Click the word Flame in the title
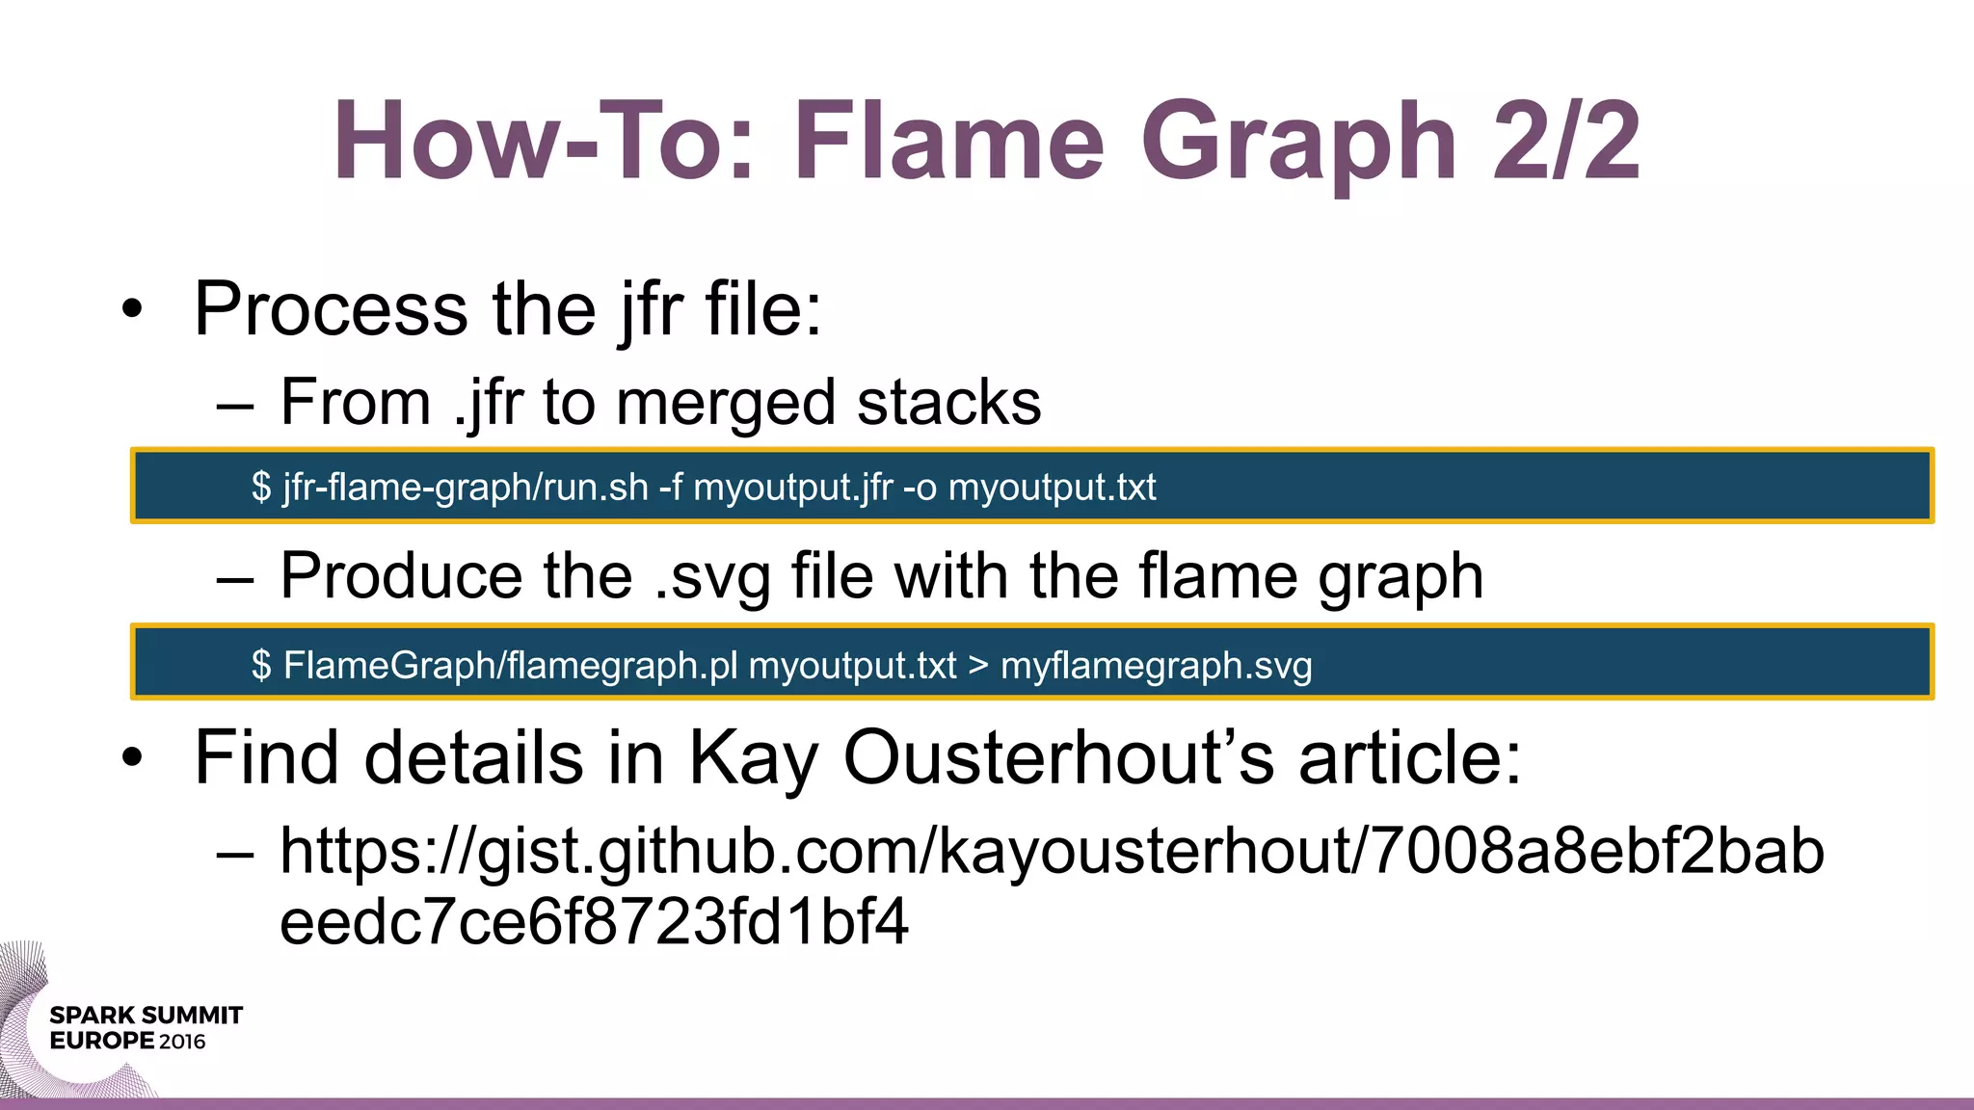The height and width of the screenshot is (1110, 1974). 948,142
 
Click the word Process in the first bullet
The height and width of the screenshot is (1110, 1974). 331,309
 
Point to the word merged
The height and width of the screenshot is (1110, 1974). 725,403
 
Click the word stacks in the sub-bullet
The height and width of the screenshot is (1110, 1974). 948,403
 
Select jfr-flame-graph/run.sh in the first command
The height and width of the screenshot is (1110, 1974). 466,488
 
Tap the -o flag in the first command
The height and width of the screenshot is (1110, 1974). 920,488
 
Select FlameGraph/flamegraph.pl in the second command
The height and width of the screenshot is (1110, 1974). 510,666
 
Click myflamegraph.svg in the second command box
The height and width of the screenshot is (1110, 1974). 1156,666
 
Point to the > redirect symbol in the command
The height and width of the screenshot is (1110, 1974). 978,666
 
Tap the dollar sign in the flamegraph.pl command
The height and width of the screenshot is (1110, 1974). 261,666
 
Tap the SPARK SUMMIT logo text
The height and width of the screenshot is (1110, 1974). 146,1016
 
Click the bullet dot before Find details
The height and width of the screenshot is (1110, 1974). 132,758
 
